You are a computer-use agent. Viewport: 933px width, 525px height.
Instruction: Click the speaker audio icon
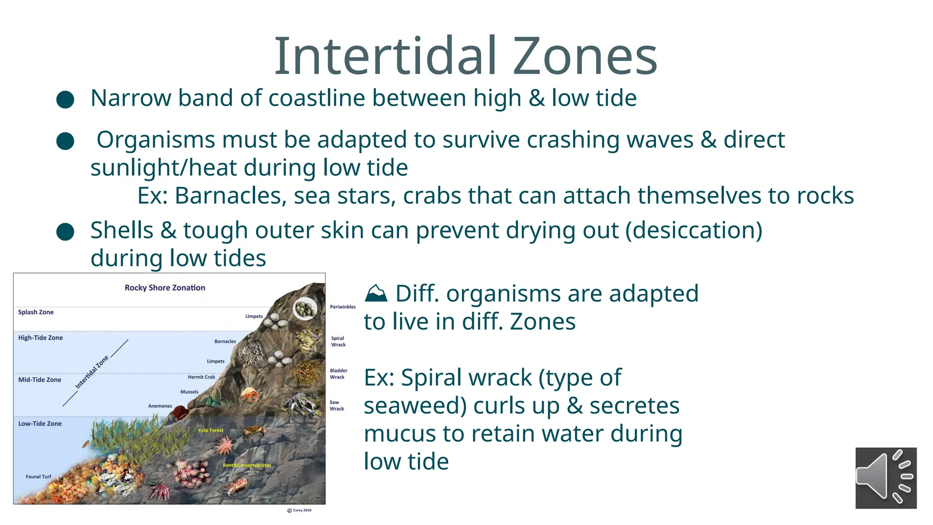click(x=886, y=478)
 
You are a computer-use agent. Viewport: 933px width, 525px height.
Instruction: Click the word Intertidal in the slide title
click(x=385, y=57)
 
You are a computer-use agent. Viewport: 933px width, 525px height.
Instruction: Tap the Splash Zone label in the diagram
click(x=36, y=312)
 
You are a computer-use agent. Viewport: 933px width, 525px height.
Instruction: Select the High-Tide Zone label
click(x=41, y=338)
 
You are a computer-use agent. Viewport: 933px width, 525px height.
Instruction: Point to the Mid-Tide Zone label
click(x=40, y=380)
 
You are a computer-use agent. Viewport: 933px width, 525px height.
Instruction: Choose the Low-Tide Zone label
click(x=40, y=423)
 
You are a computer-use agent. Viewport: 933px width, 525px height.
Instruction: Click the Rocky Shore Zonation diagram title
click(x=165, y=288)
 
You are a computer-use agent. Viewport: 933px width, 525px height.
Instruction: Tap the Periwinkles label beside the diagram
click(x=343, y=307)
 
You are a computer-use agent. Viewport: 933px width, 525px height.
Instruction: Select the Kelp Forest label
click(x=211, y=430)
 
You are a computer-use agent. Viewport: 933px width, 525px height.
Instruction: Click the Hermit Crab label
click(x=201, y=377)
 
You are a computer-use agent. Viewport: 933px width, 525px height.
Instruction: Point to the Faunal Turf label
click(x=39, y=477)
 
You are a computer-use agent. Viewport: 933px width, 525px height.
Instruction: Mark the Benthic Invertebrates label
click(x=247, y=465)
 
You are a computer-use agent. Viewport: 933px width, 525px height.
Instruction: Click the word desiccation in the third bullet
click(x=694, y=230)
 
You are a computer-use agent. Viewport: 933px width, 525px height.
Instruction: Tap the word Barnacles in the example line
click(x=231, y=196)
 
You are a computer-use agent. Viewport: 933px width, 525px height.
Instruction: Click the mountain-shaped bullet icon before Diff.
click(x=376, y=293)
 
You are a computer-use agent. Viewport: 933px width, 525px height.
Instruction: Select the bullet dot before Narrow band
click(x=65, y=99)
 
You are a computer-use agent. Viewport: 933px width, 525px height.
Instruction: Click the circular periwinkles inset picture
click(x=305, y=309)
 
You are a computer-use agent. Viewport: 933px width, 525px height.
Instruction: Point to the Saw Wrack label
click(x=337, y=406)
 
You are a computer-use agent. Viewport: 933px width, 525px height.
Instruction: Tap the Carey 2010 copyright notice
click(x=300, y=510)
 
